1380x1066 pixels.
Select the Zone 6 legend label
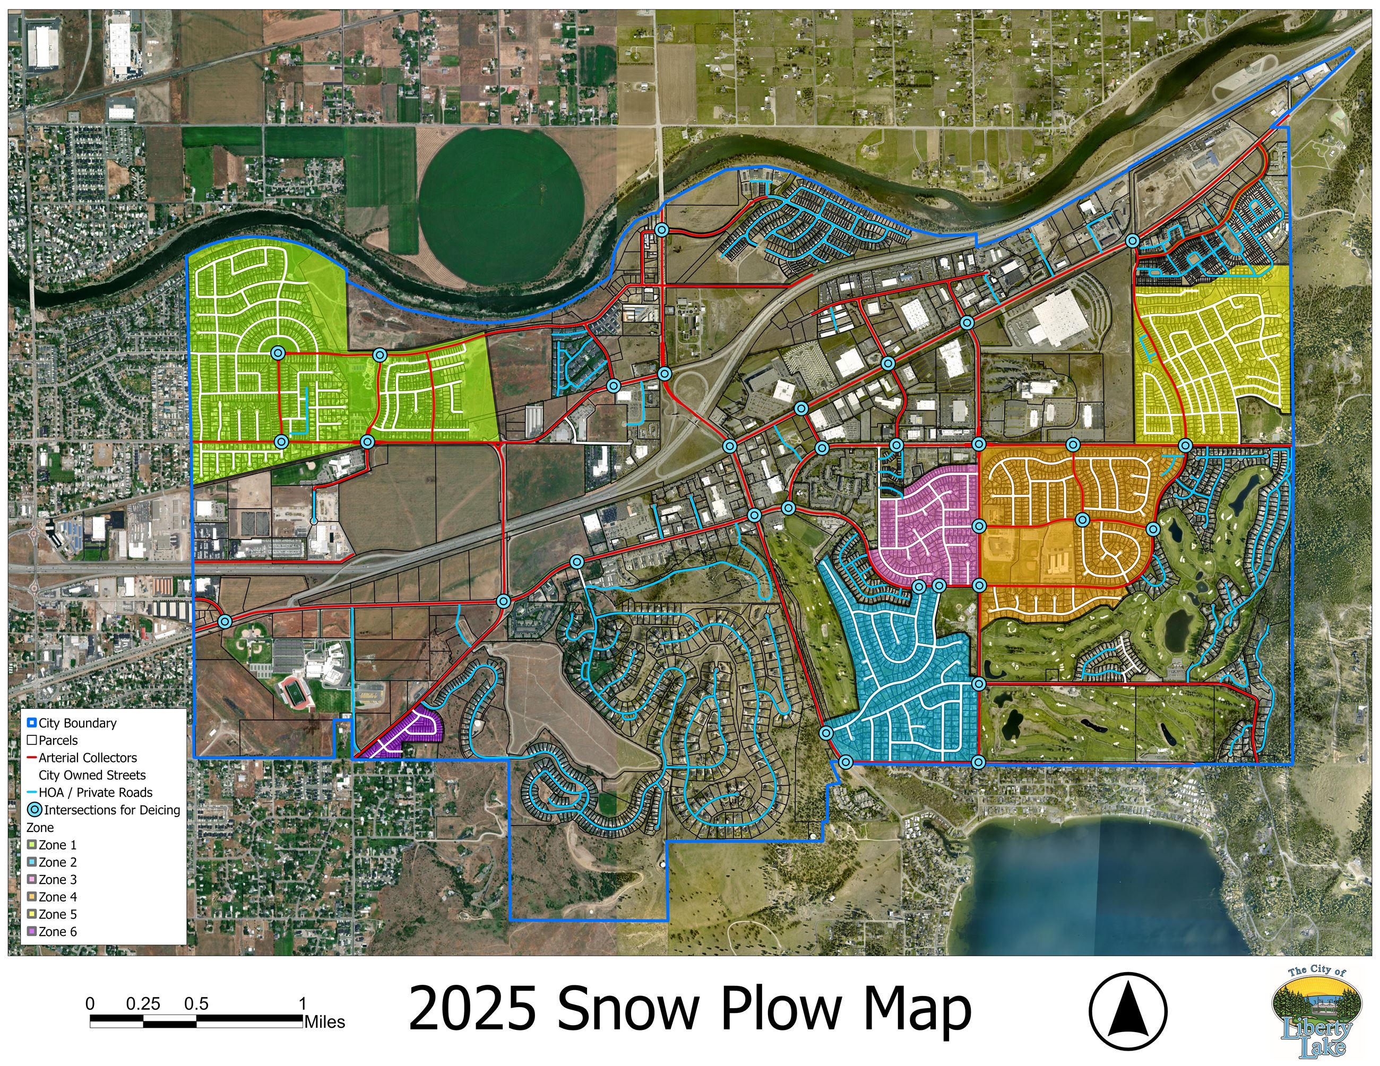point(57,931)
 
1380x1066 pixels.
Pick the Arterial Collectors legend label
point(87,758)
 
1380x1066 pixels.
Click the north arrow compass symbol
point(1128,1011)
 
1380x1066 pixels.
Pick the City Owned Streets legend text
point(92,775)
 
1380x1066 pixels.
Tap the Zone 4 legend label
point(57,897)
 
